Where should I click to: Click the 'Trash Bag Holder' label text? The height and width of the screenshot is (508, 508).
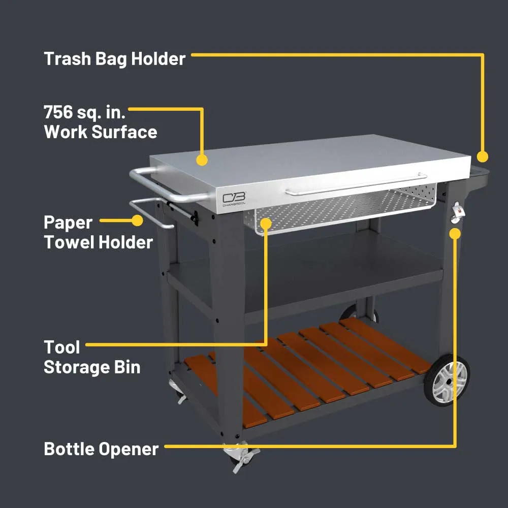coord(114,59)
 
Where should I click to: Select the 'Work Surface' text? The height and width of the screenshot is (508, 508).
coord(101,132)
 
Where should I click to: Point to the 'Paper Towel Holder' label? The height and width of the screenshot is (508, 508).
coord(98,232)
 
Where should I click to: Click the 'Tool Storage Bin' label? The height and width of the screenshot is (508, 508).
coord(92,357)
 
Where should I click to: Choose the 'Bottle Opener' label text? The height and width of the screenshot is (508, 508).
coord(101,449)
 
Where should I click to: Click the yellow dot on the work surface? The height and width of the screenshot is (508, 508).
coord(202,160)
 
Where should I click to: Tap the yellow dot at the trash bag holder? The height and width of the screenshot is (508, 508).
coord(483,156)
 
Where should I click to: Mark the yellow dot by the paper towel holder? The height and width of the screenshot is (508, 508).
coord(137,220)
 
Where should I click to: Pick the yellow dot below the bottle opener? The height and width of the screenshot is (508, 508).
coord(456,233)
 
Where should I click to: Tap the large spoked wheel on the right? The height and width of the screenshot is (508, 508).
coord(448,380)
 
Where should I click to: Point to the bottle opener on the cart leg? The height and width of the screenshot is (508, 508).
coord(457,212)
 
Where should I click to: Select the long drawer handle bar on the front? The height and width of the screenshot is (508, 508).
coord(356,184)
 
